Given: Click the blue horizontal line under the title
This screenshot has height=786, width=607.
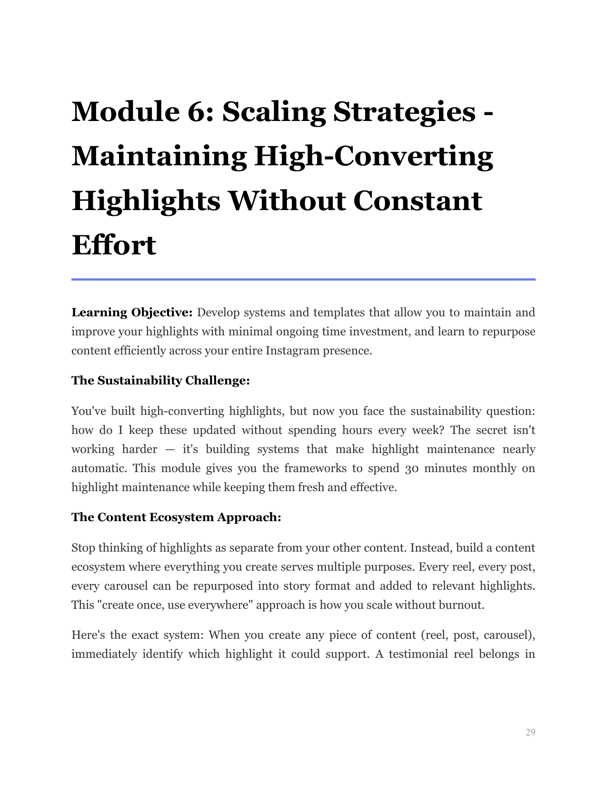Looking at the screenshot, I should click(x=303, y=279).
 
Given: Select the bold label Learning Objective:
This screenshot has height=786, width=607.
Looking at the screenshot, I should click(x=132, y=312).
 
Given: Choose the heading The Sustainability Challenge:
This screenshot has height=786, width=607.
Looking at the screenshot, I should click(x=160, y=381).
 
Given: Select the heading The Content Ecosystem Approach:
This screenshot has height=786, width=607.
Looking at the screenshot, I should click(x=176, y=517).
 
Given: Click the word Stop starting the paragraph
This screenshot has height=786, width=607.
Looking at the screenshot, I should click(x=83, y=548).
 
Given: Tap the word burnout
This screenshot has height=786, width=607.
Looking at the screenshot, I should click(x=463, y=605).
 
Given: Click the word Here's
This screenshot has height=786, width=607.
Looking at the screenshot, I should click(x=88, y=635).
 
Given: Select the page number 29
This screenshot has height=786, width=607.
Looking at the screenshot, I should click(x=530, y=732).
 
